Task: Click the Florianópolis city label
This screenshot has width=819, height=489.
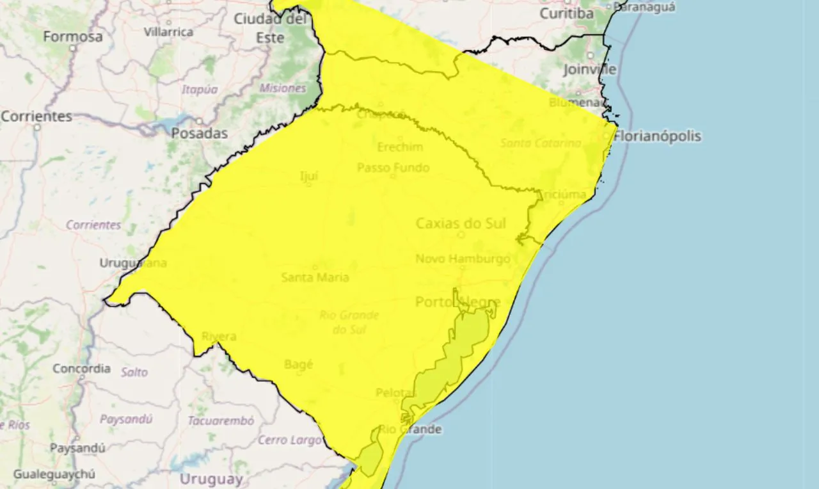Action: pos(657,136)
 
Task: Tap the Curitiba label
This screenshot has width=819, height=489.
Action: pos(567,13)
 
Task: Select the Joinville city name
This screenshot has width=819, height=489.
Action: pos(590,69)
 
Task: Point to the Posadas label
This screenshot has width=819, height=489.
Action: pos(200,133)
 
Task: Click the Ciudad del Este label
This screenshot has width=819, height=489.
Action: pos(271,28)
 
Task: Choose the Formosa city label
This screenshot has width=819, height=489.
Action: pos(73,36)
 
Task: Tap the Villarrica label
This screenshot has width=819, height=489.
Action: pos(168,31)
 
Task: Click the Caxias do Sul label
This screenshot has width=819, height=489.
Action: pos(461,223)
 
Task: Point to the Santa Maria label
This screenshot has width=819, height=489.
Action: pos(315,277)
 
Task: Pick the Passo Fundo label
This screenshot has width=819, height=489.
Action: pos(393,168)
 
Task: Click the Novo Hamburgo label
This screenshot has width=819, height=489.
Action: pos(463,259)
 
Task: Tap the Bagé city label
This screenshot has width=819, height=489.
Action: pos(299,364)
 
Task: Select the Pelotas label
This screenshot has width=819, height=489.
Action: pos(396,392)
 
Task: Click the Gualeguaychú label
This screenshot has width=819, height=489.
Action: pos(54,474)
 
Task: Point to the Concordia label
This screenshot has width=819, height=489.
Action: pos(81,369)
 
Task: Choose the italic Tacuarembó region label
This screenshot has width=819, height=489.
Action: pos(221,421)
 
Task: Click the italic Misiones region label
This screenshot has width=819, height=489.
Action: pos(283,88)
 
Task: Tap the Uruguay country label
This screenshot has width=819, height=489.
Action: pos(211,479)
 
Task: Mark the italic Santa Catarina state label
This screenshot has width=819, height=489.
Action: pos(541,143)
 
